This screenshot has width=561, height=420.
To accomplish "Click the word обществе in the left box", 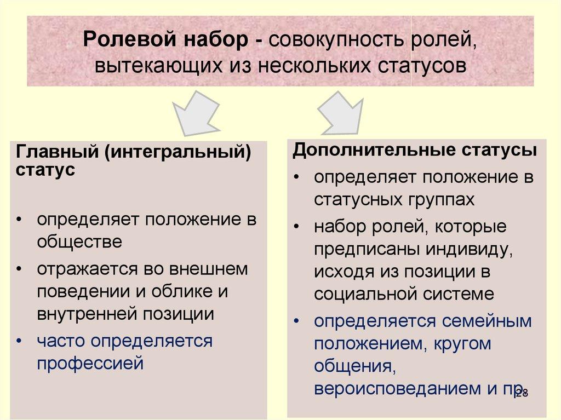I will tap(79, 241).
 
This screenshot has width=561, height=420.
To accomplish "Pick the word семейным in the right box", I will tap(484, 321).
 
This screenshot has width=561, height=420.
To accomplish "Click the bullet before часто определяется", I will tap(20, 341).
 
